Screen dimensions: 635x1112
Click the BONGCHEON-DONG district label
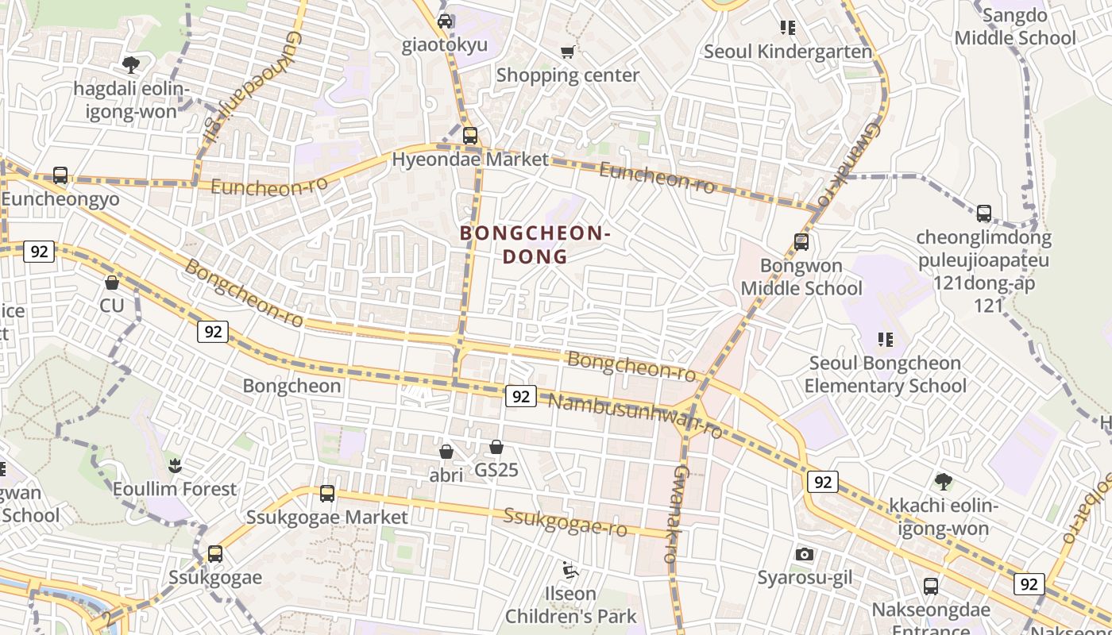535,244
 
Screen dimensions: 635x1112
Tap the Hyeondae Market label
470,160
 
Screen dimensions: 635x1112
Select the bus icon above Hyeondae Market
470,135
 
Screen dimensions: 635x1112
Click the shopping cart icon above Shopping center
567,52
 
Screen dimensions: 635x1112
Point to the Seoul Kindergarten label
788,52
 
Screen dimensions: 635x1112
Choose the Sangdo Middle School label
1015,27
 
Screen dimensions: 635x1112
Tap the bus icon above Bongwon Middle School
801,241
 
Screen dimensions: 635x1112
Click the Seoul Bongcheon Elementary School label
886,375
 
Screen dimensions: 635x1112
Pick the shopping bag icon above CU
112,282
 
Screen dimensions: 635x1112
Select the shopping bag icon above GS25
496,447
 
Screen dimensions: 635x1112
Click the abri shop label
446,474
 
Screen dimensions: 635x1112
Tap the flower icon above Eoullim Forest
175,464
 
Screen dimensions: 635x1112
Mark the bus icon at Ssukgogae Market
326,494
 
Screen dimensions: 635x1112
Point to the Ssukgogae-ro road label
566,521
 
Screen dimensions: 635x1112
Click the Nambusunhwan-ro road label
635,415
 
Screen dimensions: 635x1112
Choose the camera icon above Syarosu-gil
805,554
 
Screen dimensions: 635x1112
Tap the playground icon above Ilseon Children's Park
570,569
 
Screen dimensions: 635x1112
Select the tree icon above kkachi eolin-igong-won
944,480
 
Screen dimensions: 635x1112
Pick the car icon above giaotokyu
445,21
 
